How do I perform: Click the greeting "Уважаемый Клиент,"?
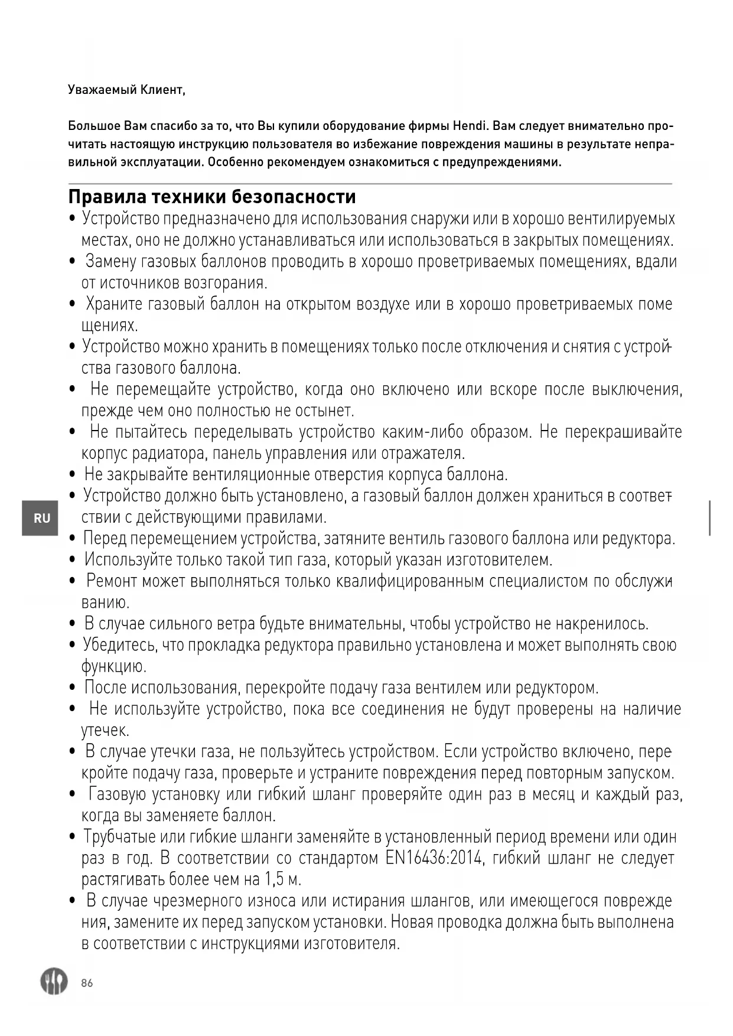click(x=126, y=90)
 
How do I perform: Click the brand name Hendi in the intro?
click(x=471, y=126)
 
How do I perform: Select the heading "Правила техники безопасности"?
click(x=212, y=196)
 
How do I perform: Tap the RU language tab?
click(x=41, y=518)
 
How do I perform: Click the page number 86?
click(x=87, y=983)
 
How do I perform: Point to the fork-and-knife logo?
click(x=54, y=981)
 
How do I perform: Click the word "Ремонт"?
click(x=116, y=581)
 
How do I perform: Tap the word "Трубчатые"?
click(x=120, y=836)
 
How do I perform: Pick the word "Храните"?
click(x=114, y=304)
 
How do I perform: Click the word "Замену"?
click(x=111, y=261)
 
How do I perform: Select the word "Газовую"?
click(x=118, y=794)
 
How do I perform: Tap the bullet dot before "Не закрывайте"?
click(x=73, y=475)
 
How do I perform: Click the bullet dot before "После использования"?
click(x=73, y=688)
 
